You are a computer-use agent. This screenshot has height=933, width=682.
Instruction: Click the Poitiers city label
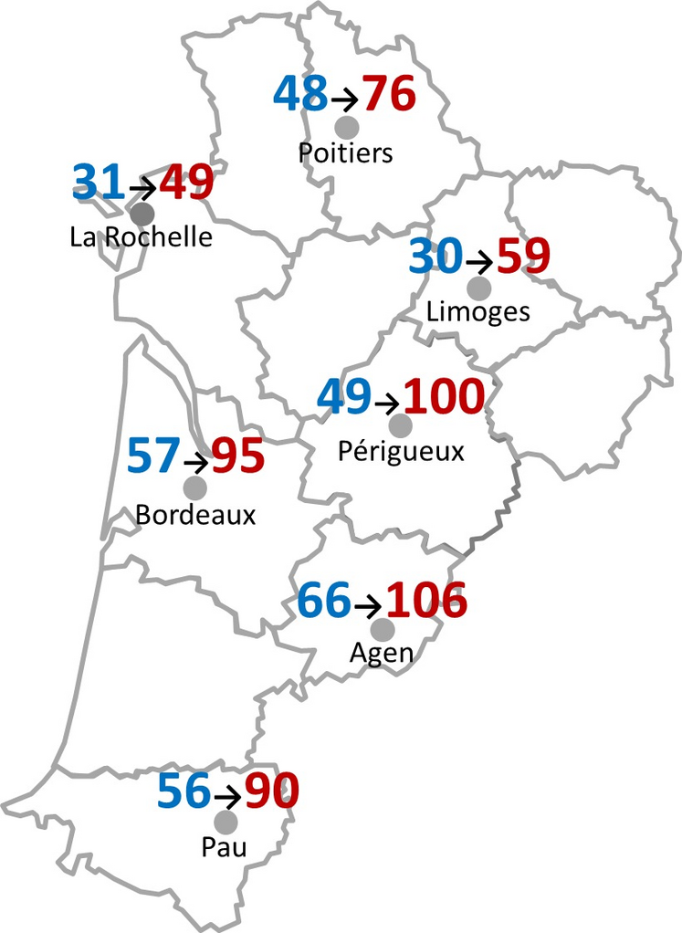[x=345, y=152]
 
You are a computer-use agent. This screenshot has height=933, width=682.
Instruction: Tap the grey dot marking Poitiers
[x=347, y=127]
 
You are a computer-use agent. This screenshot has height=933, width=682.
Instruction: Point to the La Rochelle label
[x=141, y=237]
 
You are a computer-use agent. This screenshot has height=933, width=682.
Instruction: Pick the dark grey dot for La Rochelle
[x=142, y=215]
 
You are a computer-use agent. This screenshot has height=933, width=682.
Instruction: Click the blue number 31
[x=99, y=183]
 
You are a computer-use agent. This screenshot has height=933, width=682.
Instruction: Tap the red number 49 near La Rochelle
[x=187, y=183]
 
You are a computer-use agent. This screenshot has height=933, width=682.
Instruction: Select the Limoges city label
[x=477, y=312]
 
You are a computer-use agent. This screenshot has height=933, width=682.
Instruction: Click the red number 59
[x=524, y=257]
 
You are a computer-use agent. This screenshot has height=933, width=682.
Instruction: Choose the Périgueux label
[x=401, y=451]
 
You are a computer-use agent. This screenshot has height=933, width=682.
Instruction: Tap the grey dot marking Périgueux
[x=400, y=425]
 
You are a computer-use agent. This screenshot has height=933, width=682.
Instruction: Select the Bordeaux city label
[x=195, y=514]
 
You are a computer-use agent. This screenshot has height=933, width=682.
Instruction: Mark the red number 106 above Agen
[x=426, y=600]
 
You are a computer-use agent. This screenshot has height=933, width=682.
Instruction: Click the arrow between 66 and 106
[x=369, y=605]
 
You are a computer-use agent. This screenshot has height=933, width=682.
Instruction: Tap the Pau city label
[x=224, y=848]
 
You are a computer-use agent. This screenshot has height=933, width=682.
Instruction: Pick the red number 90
[x=271, y=791]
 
